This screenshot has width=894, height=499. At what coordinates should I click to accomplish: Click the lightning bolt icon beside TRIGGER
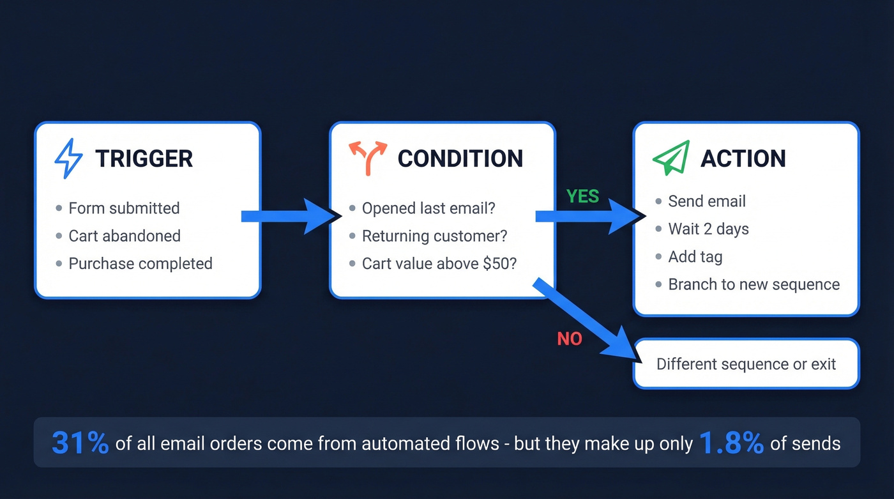(68, 158)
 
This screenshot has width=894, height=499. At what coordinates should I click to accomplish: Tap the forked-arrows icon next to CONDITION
(368, 158)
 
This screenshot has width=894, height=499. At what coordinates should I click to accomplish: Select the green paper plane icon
(671, 158)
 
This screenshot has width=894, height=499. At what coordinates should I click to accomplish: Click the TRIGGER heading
(144, 158)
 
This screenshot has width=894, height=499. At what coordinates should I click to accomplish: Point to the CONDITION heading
(460, 158)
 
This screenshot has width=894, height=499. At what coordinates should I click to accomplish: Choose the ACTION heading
(743, 158)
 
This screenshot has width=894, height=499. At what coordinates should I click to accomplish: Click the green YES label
(582, 197)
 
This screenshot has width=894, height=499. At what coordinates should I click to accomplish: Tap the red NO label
(569, 339)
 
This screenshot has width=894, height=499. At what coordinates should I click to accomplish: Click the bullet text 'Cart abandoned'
(125, 236)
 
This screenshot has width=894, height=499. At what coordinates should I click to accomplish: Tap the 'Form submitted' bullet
(124, 208)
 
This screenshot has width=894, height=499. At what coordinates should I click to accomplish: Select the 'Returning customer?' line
(434, 236)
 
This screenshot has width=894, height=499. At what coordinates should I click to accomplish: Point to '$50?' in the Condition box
(501, 264)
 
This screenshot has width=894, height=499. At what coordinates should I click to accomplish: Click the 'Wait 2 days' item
(708, 229)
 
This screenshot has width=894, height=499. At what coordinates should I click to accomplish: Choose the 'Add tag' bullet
(695, 257)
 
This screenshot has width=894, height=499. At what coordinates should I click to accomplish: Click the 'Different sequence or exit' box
(746, 364)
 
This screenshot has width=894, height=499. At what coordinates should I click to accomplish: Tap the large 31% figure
(80, 443)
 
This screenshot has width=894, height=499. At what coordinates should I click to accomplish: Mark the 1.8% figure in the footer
(731, 443)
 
